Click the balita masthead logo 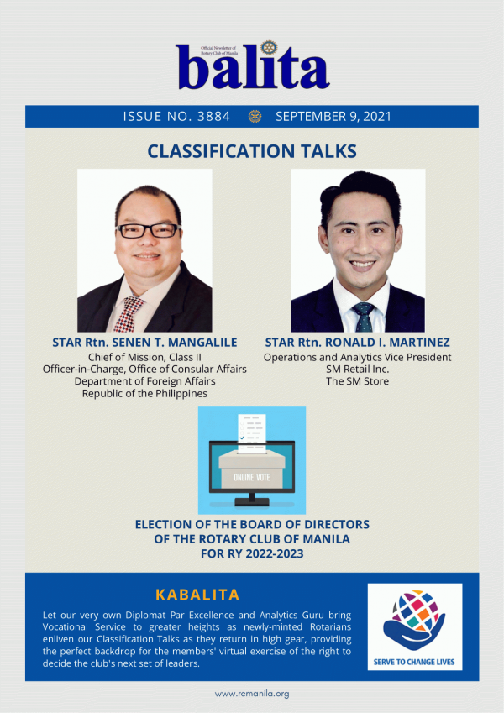coord(253,66)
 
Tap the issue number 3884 coord(214,117)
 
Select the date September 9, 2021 coord(333,117)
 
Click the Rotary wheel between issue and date coord(255,117)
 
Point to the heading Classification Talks coord(252,151)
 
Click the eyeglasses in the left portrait coord(149,231)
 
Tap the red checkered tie coord(129,314)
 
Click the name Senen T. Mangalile coord(144,343)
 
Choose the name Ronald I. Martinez coord(358,343)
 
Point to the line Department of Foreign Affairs coord(144,381)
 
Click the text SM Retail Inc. coord(358,370)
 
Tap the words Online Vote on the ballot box coord(251,478)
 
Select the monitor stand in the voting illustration coord(252,500)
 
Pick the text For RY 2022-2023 coord(252,553)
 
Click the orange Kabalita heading coord(197,595)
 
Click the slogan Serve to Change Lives coord(414,662)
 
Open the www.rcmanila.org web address coord(252,694)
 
